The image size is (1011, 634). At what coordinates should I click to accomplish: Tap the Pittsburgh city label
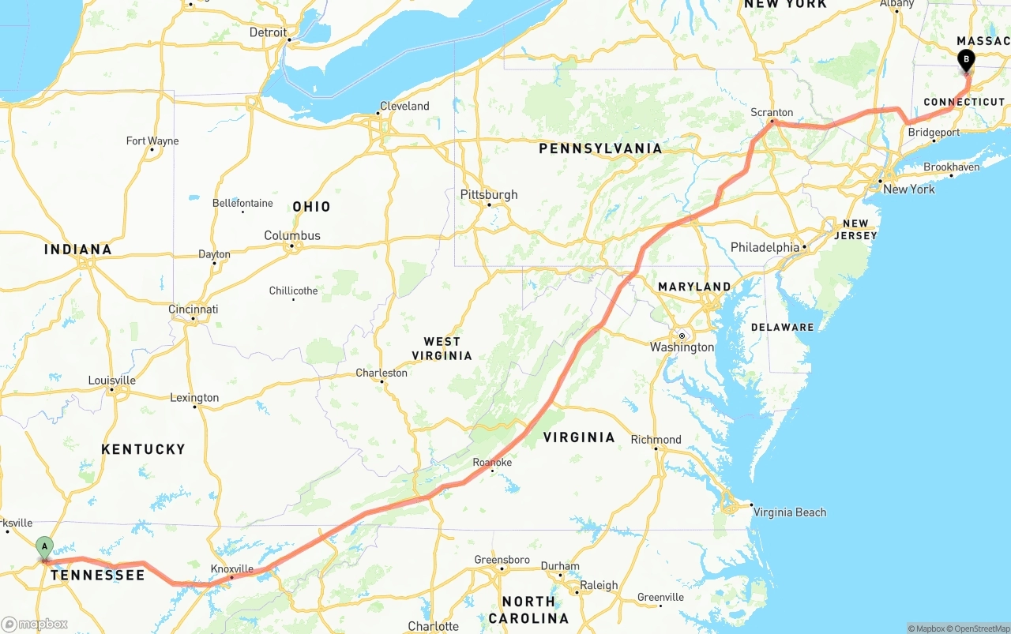coord(489,194)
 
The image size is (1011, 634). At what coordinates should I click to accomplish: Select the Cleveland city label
coord(404,106)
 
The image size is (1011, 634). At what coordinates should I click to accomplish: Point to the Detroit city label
coord(268,32)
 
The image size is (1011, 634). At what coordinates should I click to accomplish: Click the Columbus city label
coord(292,235)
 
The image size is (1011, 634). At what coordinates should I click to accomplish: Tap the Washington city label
coord(682,347)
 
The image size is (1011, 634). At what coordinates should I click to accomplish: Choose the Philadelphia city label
coord(765,247)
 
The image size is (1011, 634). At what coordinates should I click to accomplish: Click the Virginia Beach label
coord(789,512)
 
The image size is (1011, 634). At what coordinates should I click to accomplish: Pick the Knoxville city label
coord(232,568)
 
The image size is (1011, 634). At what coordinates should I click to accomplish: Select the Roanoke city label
coord(492,462)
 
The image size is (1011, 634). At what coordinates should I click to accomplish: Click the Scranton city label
coord(772,112)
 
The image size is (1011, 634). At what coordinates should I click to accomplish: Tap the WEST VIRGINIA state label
coord(442,348)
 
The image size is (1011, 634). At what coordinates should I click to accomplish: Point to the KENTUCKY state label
coord(143,449)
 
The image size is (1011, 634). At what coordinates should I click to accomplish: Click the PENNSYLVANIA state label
coord(600,148)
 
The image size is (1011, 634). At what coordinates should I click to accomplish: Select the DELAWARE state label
coord(782,327)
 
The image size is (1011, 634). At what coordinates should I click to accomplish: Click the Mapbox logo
coord(35,624)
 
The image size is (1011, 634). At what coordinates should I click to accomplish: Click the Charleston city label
coord(381,373)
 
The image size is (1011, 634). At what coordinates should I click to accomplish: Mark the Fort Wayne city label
coord(152,141)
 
